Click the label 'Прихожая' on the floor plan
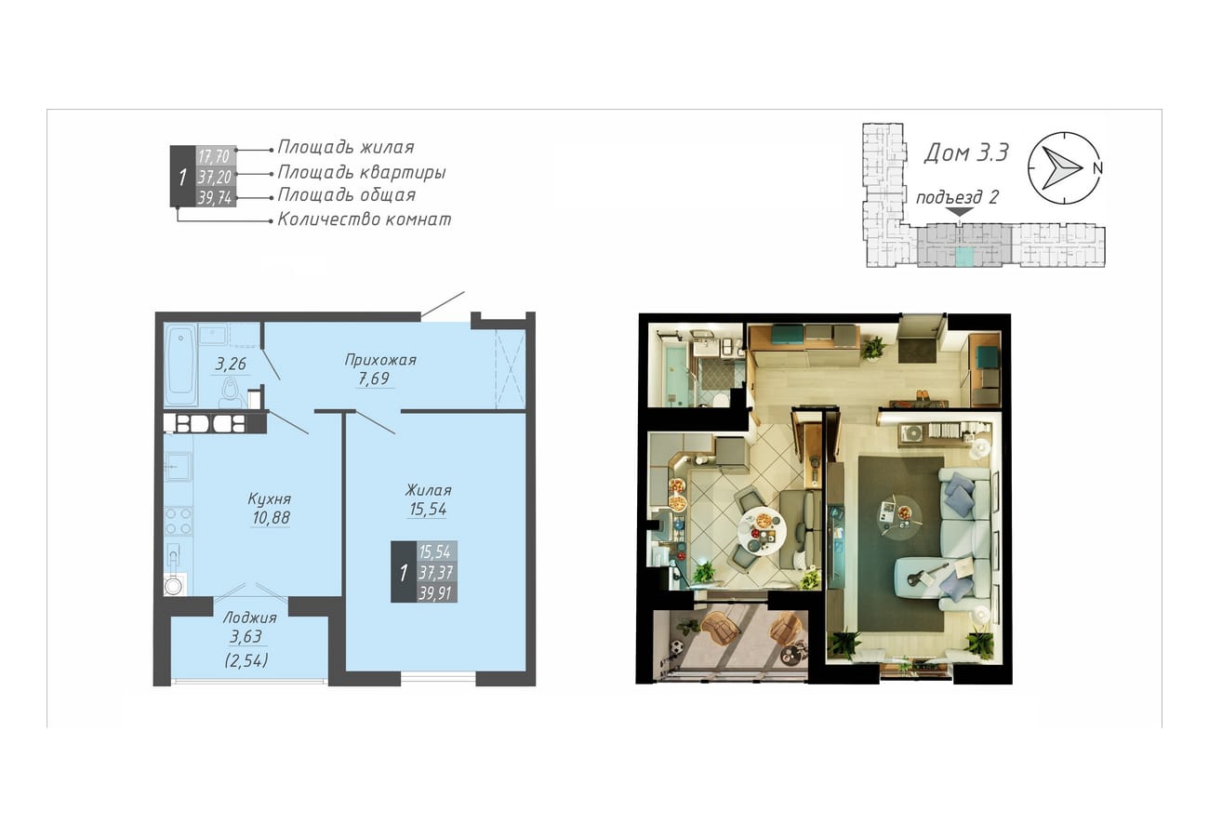pyautogui.click(x=380, y=360)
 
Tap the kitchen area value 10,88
pyautogui.click(x=271, y=517)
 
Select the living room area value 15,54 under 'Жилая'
pyautogui.click(x=428, y=509)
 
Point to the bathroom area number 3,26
pyautogui.click(x=231, y=365)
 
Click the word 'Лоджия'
pyautogui.click(x=250, y=618)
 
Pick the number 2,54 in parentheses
pyautogui.click(x=246, y=660)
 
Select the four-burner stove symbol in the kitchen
pyautogui.click(x=179, y=521)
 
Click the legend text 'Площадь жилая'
pyautogui.click(x=346, y=147)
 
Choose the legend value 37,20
pyautogui.click(x=214, y=177)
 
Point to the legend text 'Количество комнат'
pyautogui.click(x=365, y=219)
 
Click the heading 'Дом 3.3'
pyautogui.click(x=966, y=153)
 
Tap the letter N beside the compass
pyautogui.click(x=1097, y=168)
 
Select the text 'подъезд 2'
pyautogui.click(x=957, y=197)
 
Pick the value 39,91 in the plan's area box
pyautogui.click(x=435, y=593)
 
